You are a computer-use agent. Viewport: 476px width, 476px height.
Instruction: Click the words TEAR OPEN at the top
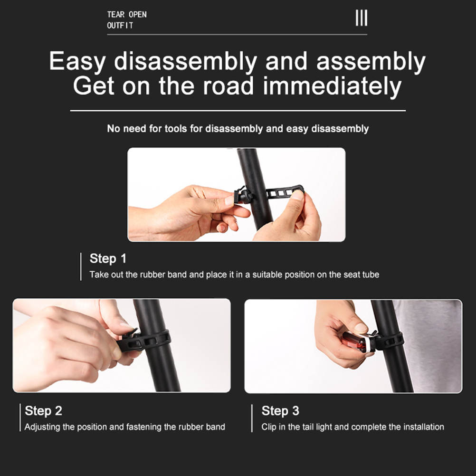[x=126, y=14]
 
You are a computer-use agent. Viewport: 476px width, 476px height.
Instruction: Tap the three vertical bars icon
[x=361, y=18]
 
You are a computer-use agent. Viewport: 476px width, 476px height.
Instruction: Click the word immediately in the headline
[x=332, y=86]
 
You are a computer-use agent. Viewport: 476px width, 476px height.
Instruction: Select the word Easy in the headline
[x=77, y=62]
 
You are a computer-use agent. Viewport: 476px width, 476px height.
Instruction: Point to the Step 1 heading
[x=108, y=258]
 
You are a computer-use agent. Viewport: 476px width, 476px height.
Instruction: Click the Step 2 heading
[x=43, y=411]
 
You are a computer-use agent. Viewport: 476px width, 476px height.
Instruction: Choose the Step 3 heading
[x=280, y=411]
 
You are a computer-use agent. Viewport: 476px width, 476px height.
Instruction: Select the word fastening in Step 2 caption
[x=144, y=427]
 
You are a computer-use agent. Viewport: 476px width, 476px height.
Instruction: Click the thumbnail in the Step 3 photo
[x=361, y=328]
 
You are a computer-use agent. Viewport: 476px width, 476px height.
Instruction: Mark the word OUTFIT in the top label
[x=120, y=26]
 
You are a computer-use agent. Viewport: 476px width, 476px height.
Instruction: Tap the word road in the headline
[x=228, y=86]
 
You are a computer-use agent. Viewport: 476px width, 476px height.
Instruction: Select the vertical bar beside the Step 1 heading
[x=81, y=267]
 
